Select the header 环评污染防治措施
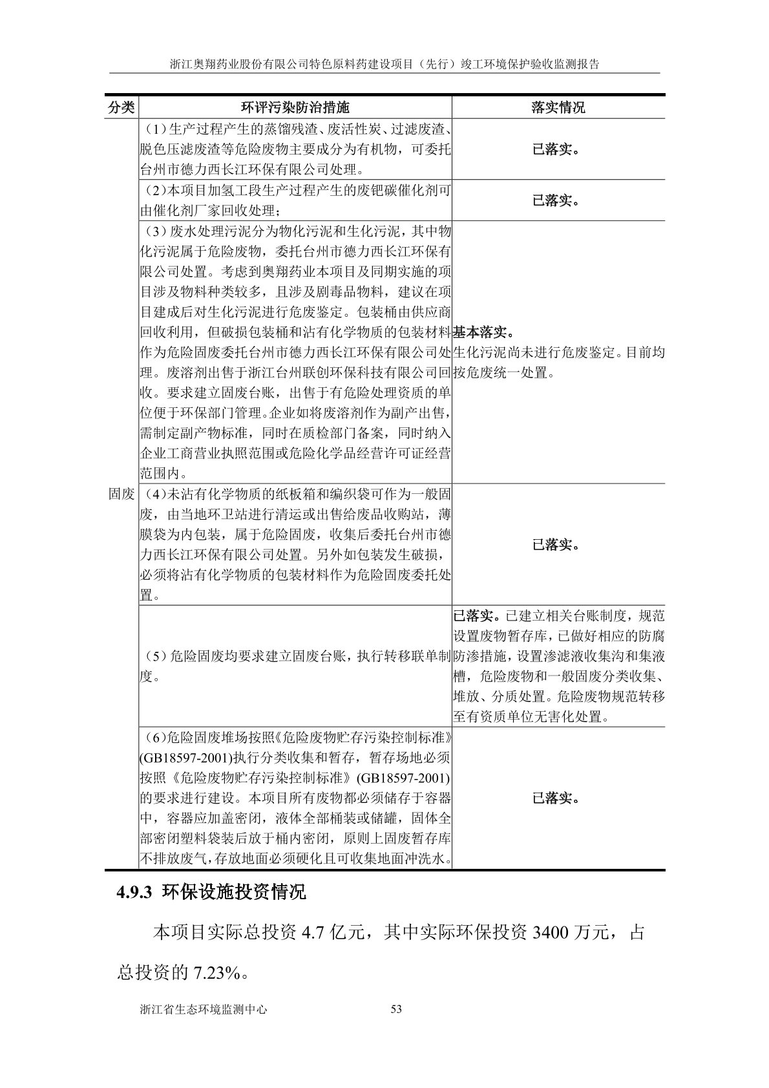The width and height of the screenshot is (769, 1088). click(295, 107)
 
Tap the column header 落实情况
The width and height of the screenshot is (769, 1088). click(558, 107)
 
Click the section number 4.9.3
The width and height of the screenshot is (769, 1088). click(133, 893)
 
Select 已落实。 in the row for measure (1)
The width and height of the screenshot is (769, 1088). click(556, 149)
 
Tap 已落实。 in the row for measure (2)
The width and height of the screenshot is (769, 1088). click(556, 200)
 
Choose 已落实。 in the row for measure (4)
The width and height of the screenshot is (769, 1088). click(556, 545)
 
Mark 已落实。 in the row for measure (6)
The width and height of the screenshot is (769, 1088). click(556, 798)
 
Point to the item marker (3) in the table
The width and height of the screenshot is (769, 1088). click(154, 231)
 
